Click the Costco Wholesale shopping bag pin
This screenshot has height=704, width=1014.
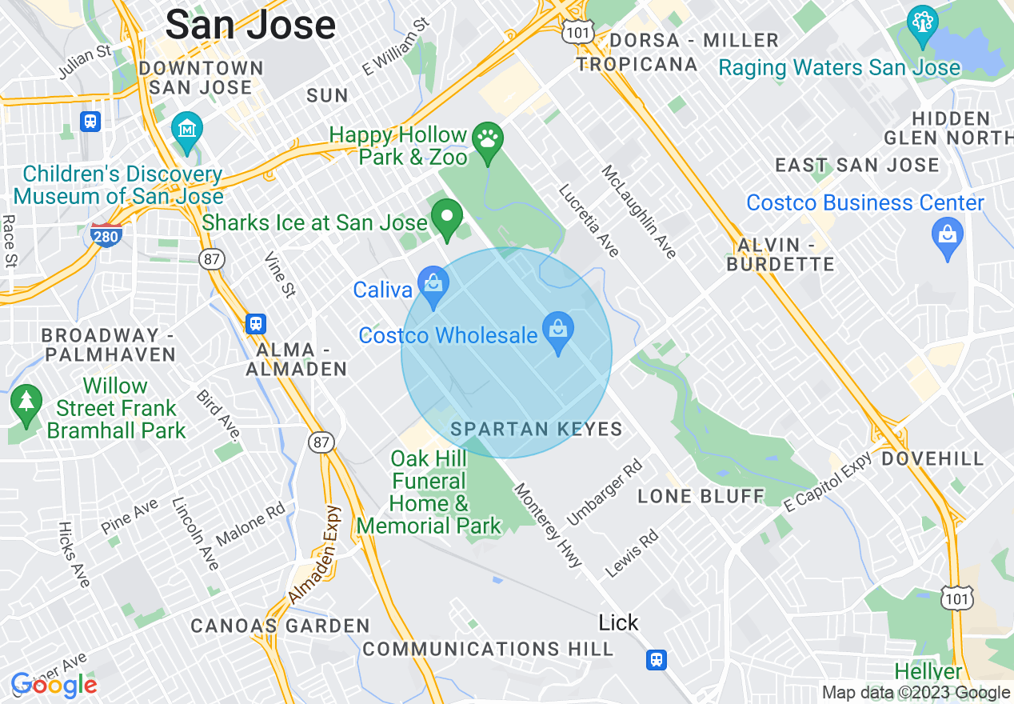point(558,332)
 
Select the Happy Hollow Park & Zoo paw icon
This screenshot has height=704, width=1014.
point(488,142)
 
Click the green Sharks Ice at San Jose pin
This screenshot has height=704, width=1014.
point(447,218)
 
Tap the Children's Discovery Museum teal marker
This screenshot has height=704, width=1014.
point(187,131)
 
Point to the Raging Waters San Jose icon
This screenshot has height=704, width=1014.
point(922,26)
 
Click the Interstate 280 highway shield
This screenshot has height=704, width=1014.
point(106,235)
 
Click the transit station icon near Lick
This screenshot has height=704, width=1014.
point(657,659)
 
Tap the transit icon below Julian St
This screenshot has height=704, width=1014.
point(90,122)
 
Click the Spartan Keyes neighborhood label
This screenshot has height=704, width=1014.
point(536,430)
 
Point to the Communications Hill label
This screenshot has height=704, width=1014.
point(488,649)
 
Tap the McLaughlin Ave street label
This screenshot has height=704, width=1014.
point(639,212)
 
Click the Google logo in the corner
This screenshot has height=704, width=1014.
point(54,686)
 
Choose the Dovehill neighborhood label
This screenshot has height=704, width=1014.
point(932,459)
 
